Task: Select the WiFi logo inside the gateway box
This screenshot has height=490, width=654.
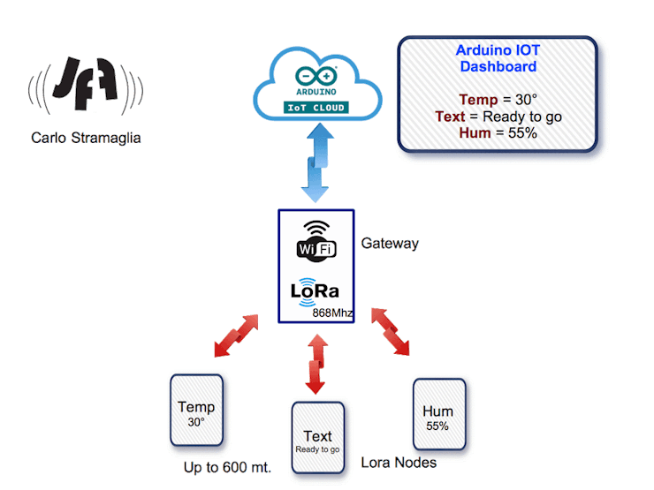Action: click(x=316, y=239)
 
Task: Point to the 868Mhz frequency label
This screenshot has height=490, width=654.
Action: click(x=333, y=313)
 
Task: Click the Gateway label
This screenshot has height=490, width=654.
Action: click(x=389, y=245)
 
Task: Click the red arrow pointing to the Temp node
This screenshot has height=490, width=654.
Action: click(x=237, y=335)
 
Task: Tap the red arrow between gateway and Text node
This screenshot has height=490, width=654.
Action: click(x=316, y=363)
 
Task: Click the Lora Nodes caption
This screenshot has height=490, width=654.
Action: click(x=399, y=462)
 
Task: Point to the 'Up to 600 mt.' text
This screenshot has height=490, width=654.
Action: click(x=227, y=467)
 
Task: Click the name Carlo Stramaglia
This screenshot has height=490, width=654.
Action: click(x=86, y=138)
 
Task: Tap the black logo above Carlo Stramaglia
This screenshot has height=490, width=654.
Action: click(x=86, y=87)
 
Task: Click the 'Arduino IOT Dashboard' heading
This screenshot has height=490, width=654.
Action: click(x=497, y=58)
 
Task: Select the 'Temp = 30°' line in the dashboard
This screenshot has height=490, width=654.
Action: click(x=498, y=100)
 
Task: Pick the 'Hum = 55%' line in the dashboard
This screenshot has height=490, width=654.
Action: click(x=498, y=133)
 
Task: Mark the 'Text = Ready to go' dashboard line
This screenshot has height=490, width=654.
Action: click(x=498, y=117)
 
